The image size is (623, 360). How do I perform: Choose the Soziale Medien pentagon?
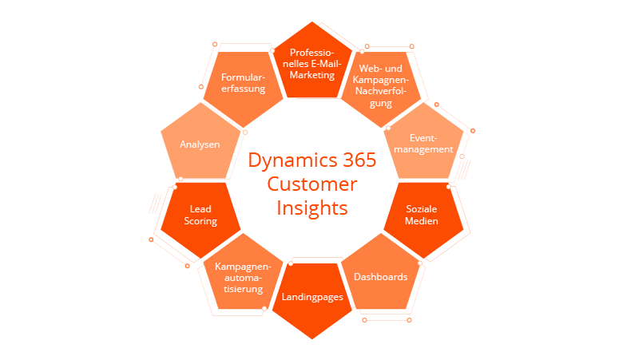pyautogui.click(x=421, y=216)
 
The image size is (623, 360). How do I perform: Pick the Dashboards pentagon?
pyautogui.click(x=380, y=278)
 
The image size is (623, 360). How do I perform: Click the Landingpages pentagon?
pyautogui.click(x=312, y=297)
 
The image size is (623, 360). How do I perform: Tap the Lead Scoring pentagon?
pyautogui.click(x=200, y=216)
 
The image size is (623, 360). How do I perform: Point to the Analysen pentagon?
pyautogui.click(x=200, y=144)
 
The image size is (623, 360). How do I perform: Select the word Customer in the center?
pyautogui.click(x=312, y=184)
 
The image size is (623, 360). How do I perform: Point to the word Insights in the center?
pyautogui.click(x=312, y=208)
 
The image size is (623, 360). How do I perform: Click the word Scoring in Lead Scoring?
pyautogui.click(x=200, y=221)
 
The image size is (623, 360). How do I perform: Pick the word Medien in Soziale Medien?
pyautogui.click(x=421, y=221)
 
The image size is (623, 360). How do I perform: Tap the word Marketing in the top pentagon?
pyautogui.click(x=311, y=75)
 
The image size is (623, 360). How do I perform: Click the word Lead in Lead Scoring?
pyautogui.click(x=200, y=209)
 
